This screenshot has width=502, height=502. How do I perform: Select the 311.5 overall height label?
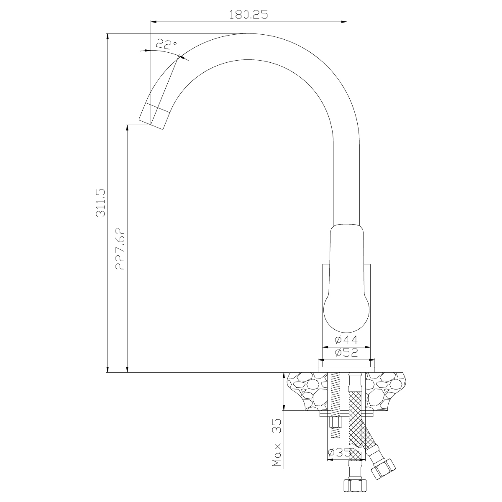[x=100, y=203]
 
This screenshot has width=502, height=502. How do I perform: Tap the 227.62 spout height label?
[x=120, y=248]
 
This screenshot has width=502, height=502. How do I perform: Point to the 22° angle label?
[x=166, y=44]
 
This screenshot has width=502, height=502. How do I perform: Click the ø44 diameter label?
[x=346, y=340]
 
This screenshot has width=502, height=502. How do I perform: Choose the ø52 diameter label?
[x=346, y=353]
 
